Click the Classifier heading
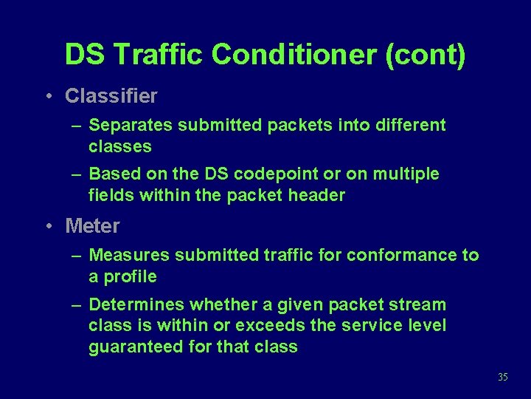coord(111,96)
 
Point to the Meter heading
coord(92,225)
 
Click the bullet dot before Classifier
coord(46,96)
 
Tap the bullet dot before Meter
coord(46,225)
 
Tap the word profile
coord(130,276)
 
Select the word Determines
coord(136,304)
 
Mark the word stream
coord(419,304)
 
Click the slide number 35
coord(503,378)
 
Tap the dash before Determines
coord(76,304)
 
